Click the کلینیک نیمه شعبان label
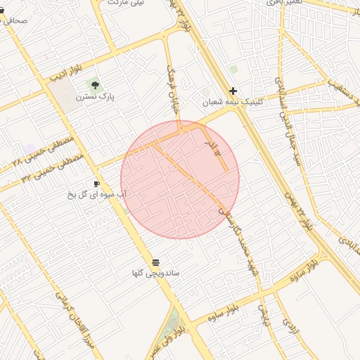click(x=233, y=101)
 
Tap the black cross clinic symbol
click(x=233, y=91)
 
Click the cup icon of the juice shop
click(x=96, y=184)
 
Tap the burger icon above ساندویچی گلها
click(x=155, y=262)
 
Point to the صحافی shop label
click(x=15, y=20)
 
